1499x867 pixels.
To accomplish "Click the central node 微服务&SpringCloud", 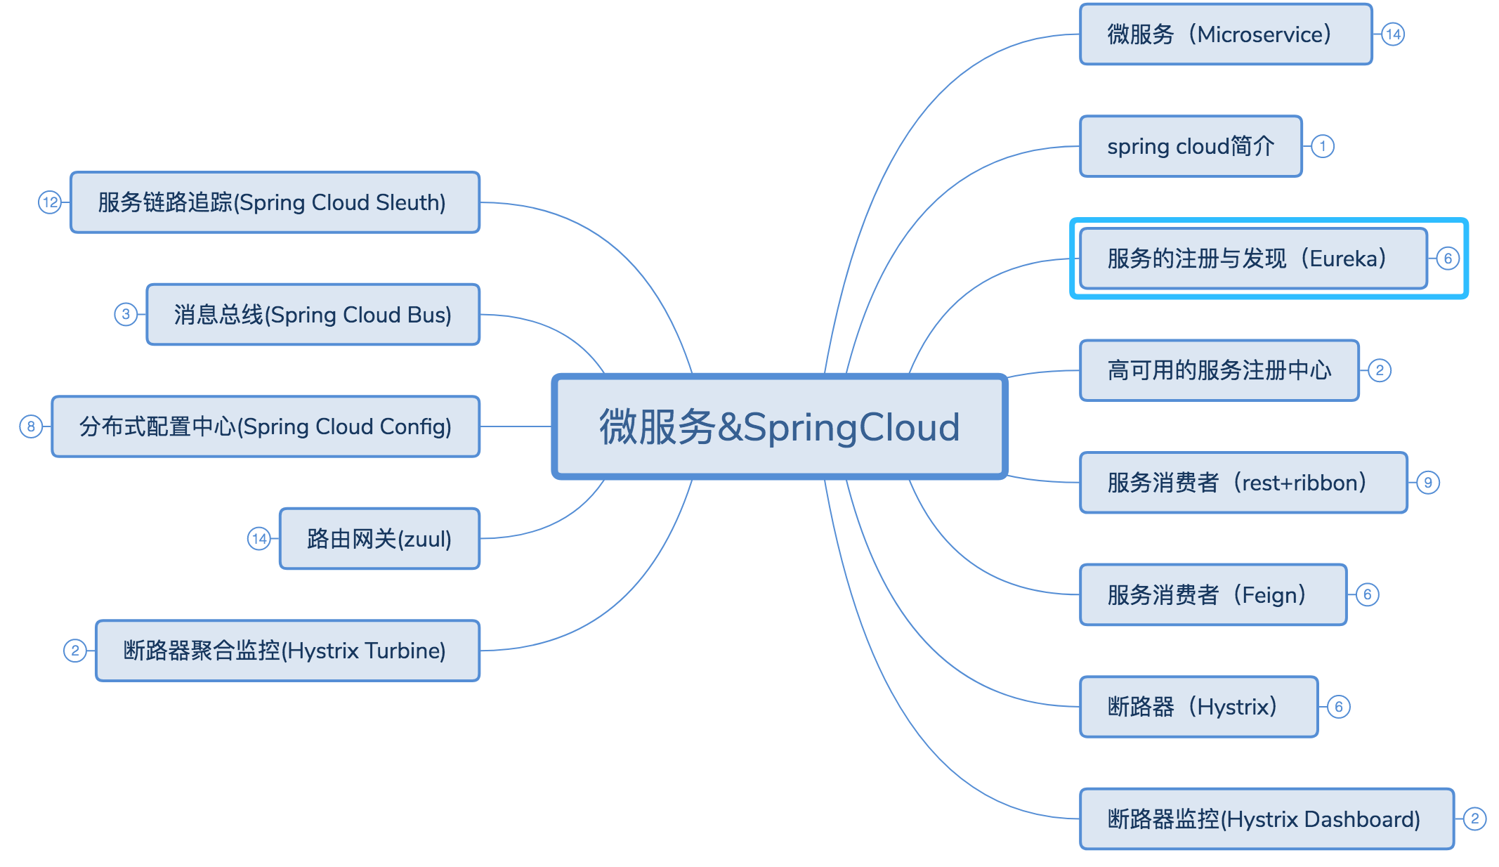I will point(780,426).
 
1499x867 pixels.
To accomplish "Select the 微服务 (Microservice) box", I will point(1225,34).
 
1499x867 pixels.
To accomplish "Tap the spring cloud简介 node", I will point(1190,146).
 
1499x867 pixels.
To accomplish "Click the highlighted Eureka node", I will point(1252,259).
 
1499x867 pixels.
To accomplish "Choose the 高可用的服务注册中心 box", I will point(1219,370).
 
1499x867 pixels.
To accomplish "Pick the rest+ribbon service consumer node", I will point(1243,483).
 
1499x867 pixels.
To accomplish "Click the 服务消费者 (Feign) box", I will point(1212,594).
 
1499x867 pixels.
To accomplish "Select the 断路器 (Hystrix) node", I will point(1198,707).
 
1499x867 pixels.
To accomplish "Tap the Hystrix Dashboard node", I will point(1266,819).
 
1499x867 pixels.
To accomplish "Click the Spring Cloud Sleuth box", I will point(275,202).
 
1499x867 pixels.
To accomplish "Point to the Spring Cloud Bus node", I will point(313,315).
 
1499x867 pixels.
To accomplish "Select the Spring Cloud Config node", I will point(266,426).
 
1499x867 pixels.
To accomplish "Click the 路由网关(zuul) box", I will point(379,539).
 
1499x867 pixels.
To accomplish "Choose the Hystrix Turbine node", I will point(287,651).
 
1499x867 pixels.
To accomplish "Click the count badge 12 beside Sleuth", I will point(50,202).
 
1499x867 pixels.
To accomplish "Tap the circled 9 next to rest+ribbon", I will point(1427,483).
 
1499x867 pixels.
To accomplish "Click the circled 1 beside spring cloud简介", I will point(1323,146).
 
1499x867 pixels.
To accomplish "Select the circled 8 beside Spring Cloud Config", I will point(31,426).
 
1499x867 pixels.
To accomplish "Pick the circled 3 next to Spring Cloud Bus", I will point(126,314).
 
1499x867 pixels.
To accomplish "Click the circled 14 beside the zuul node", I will point(259,539).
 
